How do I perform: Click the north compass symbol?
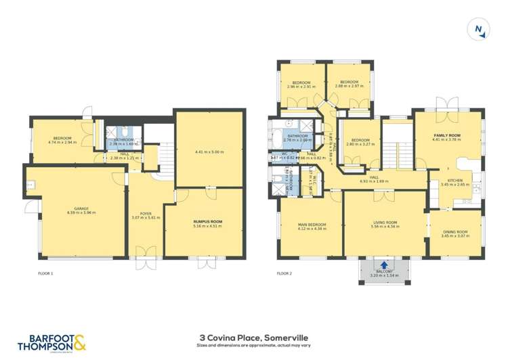pyautogui.click(x=480, y=29)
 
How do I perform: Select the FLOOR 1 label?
pyautogui.click(x=45, y=273)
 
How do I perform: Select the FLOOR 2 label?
pyautogui.click(x=284, y=273)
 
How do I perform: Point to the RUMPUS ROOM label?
pyautogui.click(x=207, y=221)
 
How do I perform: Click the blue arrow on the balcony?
pyautogui.click(x=385, y=265)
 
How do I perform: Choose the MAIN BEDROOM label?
pyautogui.click(x=312, y=224)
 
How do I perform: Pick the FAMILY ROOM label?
pyautogui.click(x=447, y=136)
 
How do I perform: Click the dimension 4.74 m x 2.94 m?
pyautogui.click(x=62, y=143)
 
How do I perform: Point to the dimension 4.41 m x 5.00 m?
pyautogui.click(x=209, y=152)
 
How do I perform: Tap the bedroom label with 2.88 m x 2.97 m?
pyautogui.click(x=349, y=83)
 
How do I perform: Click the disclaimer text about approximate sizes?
pyautogui.click(x=253, y=345)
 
